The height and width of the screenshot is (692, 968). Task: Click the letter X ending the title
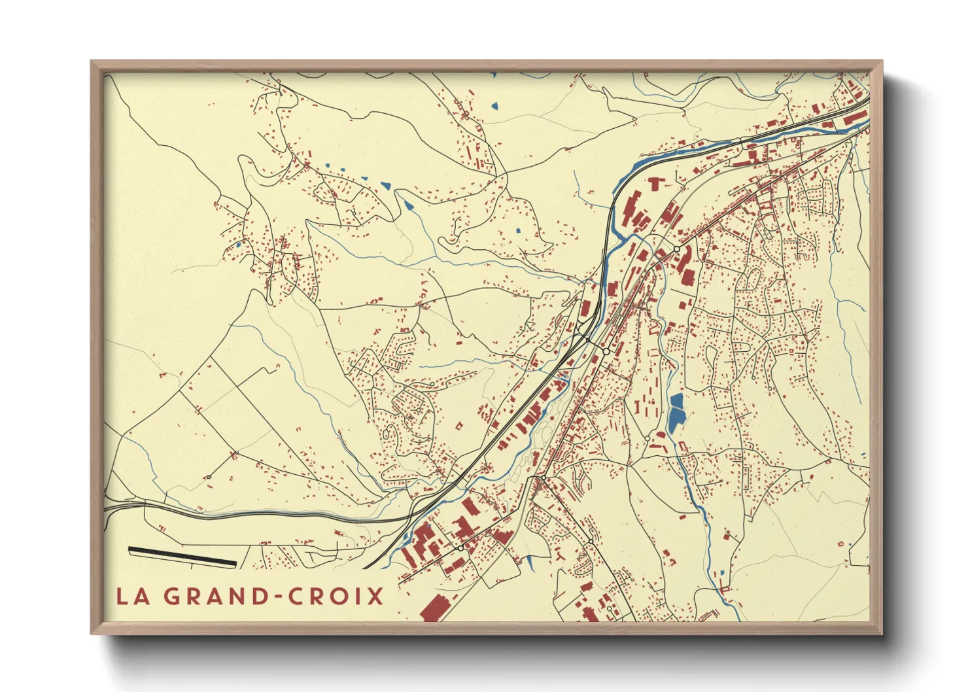coord(375,597)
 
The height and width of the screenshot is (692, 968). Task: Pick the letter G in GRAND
coord(171,597)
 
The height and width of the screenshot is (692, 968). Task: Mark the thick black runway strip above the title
coord(182,556)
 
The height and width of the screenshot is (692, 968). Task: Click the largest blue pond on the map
coord(676,413)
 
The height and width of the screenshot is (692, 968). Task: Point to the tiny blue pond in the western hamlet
coord(239,245)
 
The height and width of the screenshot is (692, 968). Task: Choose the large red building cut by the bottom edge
coord(433,608)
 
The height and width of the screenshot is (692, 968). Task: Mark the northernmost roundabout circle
coord(677,249)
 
